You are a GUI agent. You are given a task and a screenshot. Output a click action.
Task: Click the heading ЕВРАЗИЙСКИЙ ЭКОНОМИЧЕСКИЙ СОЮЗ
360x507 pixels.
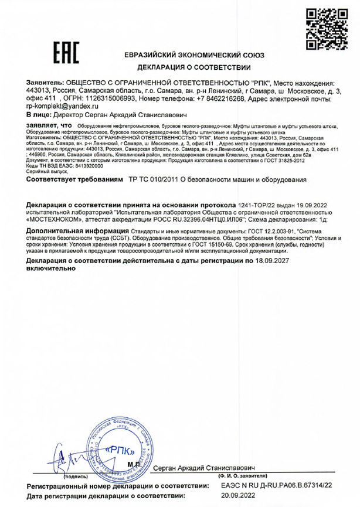194,55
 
